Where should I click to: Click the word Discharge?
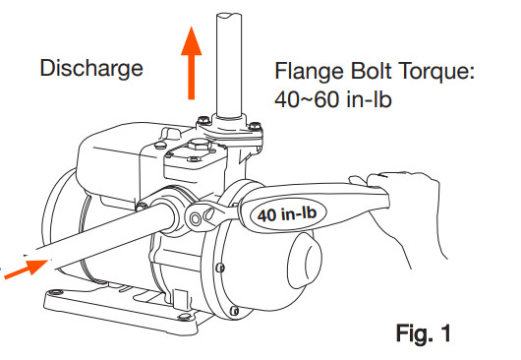[91, 70]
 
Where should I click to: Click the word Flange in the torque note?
[312, 73]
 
